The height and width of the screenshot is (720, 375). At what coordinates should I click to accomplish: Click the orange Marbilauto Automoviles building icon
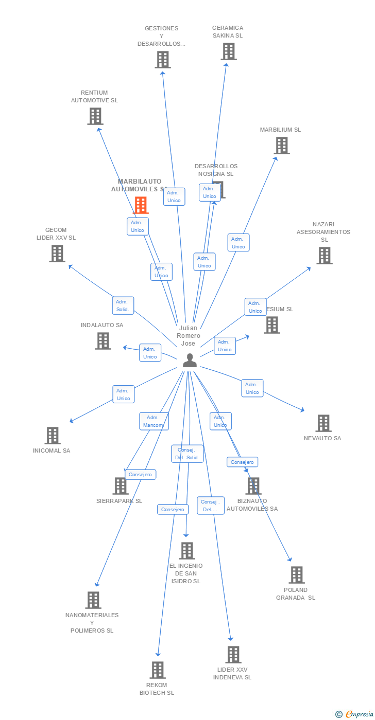pos(141,205)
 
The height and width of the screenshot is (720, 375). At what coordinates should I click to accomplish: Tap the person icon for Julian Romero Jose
pos(190,361)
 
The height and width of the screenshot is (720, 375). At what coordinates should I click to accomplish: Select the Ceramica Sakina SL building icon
pos(228,51)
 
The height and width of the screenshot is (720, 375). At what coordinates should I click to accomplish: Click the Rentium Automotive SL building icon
pos(95,116)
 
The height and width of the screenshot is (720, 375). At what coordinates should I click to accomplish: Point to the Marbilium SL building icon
pos(281,146)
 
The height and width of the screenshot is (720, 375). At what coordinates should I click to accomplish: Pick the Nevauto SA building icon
pos(323,423)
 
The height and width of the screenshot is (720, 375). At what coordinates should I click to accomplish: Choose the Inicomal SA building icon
pos(52,436)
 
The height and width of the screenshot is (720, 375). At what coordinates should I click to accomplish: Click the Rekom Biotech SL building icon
pos(158,670)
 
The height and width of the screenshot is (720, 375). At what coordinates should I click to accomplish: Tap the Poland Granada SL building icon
pos(296,575)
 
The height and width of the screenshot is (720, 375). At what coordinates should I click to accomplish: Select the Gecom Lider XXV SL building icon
pos(57,254)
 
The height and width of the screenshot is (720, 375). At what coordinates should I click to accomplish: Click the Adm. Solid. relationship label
pos(123,305)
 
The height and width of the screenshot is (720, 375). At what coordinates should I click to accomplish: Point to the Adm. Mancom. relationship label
pos(154,421)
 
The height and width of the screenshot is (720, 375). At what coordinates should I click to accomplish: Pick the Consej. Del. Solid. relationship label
pos(187,454)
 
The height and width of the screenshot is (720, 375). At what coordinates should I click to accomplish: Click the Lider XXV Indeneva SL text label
pos(232,673)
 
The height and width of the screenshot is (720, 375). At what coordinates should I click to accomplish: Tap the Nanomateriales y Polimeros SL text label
pos(92,623)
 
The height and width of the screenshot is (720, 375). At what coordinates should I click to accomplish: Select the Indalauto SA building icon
pos(103,341)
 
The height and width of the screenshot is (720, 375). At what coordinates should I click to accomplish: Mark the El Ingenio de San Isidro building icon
pos(186,551)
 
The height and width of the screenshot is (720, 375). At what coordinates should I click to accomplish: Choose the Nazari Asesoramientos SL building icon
pos(324,256)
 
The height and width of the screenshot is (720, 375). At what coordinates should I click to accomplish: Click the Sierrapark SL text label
pos(119,501)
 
